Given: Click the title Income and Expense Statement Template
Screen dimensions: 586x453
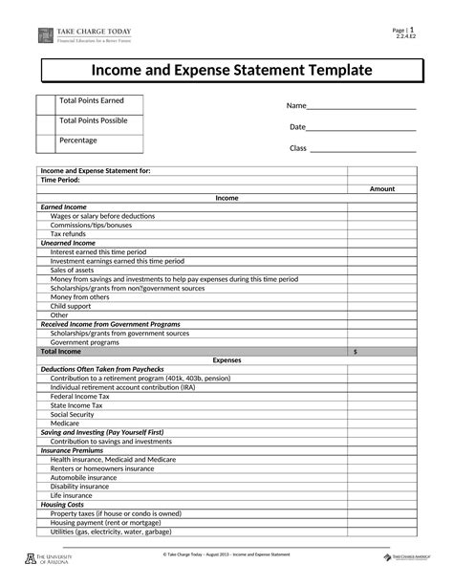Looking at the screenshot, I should (232, 70).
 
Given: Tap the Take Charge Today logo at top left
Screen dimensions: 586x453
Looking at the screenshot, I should (46, 35).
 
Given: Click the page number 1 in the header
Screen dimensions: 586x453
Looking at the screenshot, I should (412, 31).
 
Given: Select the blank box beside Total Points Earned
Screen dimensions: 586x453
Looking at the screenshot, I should (46, 104).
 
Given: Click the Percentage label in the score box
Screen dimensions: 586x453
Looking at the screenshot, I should (78, 141).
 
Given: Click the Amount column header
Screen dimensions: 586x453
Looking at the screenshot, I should (382, 189).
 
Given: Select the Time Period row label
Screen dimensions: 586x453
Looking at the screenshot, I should (60, 180).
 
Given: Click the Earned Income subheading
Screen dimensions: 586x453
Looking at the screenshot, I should (63, 206).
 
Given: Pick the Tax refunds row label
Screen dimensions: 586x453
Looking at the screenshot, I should (68, 234).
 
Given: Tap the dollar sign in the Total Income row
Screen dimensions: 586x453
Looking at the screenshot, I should (356, 352).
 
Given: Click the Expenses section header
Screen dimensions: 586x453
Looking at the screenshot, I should (226, 360).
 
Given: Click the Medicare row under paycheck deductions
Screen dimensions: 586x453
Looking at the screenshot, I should (66, 423).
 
